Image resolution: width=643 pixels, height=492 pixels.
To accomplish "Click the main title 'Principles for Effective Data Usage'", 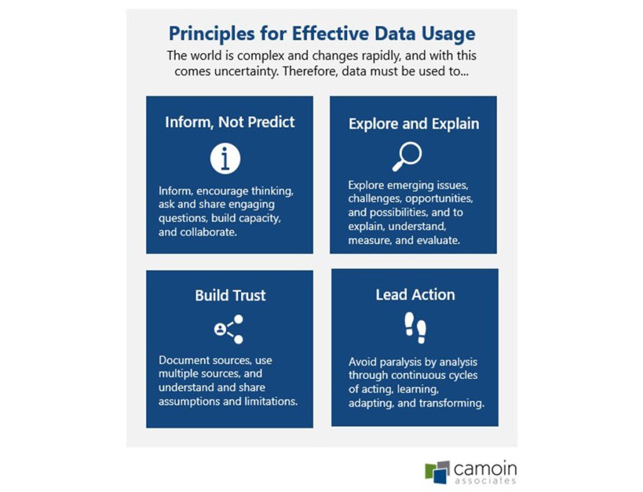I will click(x=321, y=33).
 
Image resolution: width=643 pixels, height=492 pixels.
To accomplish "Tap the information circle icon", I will click(x=225, y=158).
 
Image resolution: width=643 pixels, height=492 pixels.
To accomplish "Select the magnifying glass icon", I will click(x=407, y=156).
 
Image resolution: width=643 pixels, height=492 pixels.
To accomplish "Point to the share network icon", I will click(x=229, y=329).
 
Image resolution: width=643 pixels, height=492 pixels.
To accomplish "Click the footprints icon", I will click(x=415, y=326).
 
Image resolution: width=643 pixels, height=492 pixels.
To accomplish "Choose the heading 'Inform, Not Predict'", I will click(x=230, y=122).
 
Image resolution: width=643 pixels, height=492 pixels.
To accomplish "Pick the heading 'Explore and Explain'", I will click(x=414, y=124).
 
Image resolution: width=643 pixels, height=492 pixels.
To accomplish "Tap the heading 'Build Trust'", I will click(x=230, y=295).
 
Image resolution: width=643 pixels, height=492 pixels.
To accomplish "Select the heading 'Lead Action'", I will click(x=415, y=295).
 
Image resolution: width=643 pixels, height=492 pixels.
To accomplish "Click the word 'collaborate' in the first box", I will click(x=207, y=232).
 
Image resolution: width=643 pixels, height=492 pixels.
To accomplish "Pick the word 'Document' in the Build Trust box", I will click(x=183, y=361).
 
